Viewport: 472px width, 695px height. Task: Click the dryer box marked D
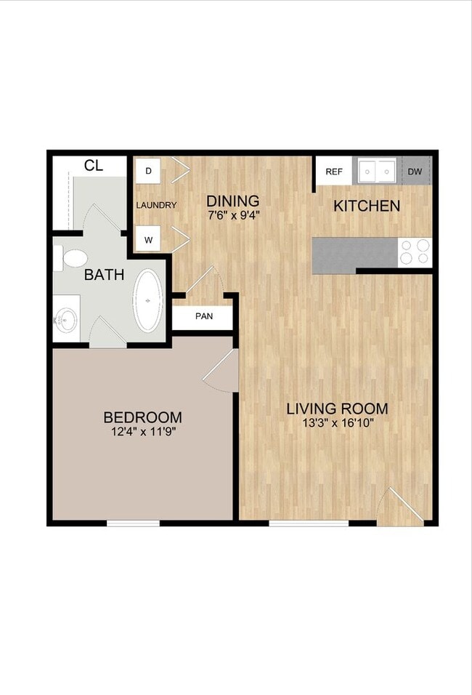[148, 171]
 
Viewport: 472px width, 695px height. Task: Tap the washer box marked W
[148, 240]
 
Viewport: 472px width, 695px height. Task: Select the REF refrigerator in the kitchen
[334, 172]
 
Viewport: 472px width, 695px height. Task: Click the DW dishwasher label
[415, 172]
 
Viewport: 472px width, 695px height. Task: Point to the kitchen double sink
[377, 171]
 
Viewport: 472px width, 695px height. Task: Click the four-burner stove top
[415, 253]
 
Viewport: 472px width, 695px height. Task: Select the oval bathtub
[148, 300]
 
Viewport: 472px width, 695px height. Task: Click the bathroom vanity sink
[66, 318]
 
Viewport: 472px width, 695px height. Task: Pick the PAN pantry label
[204, 316]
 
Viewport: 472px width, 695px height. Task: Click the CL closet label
[94, 166]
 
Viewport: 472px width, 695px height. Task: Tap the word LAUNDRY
[156, 205]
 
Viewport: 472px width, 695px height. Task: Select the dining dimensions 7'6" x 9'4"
[233, 215]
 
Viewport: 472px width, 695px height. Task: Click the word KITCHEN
[367, 206]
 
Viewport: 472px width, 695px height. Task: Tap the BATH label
[104, 275]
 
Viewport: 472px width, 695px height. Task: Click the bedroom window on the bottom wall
[134, 523]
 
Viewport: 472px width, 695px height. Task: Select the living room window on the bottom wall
[309, 523]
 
